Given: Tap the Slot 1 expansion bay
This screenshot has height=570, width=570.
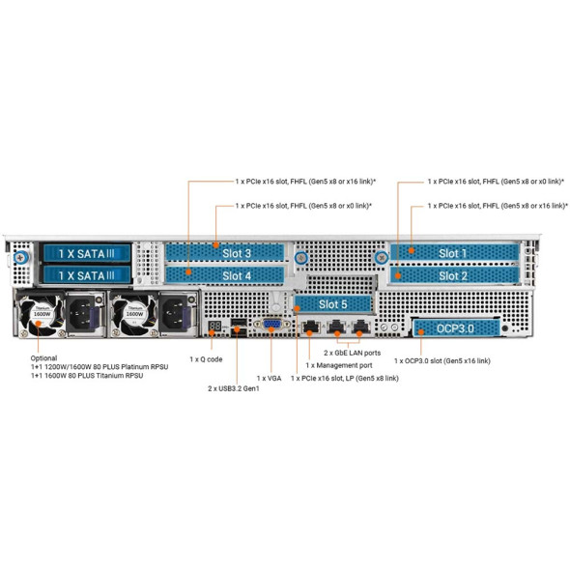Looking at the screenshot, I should (449, 253).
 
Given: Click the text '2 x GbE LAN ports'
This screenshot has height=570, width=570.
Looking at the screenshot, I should (356, 355).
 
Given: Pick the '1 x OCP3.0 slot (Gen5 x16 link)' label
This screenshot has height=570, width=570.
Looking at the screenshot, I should (442, 360).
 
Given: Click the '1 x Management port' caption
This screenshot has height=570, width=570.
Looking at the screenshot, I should (341, 365).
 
